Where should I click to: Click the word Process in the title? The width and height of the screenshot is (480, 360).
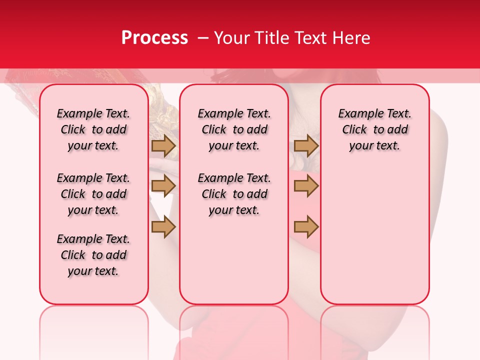point(154,38)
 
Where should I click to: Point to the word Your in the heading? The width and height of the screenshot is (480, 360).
point(231,38)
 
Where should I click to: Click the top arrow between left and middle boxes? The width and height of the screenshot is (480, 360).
point(163,145)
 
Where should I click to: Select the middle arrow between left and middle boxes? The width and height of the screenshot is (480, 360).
point(163,186)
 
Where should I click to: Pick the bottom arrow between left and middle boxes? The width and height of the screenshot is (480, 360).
point(163,227)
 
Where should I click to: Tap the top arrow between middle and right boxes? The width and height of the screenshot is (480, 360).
point(306,145)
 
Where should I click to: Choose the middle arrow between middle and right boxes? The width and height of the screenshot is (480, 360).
point(306,186)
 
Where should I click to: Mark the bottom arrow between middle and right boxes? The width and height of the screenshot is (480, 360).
point(306,227)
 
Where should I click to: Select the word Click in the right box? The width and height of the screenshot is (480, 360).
point(354,130)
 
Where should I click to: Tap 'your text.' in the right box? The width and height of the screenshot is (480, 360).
point(374,146)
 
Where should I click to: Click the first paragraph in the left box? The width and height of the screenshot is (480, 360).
point(93,130)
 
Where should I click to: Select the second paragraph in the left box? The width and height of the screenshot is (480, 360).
point(93,194)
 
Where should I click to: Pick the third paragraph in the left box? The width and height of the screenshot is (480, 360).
point(93,255)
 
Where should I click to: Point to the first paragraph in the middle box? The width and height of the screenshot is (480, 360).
point(234,130)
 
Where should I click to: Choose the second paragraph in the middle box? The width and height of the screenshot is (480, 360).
point(234,194)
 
